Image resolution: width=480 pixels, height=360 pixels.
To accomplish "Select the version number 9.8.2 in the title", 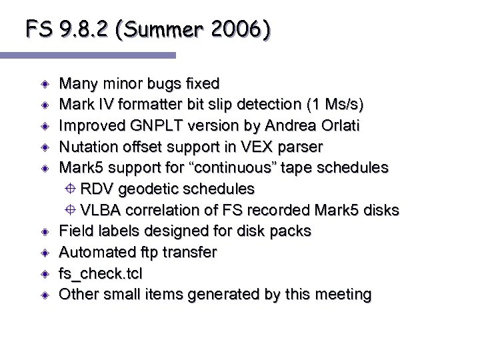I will [83, 29].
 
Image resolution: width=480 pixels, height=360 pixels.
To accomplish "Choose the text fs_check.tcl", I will [101, 273].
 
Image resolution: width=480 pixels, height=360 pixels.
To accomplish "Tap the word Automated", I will [94, 252].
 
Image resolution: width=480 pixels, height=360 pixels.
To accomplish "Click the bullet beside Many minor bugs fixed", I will [44, 84].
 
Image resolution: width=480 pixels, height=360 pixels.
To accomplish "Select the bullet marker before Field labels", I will [44, 232].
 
